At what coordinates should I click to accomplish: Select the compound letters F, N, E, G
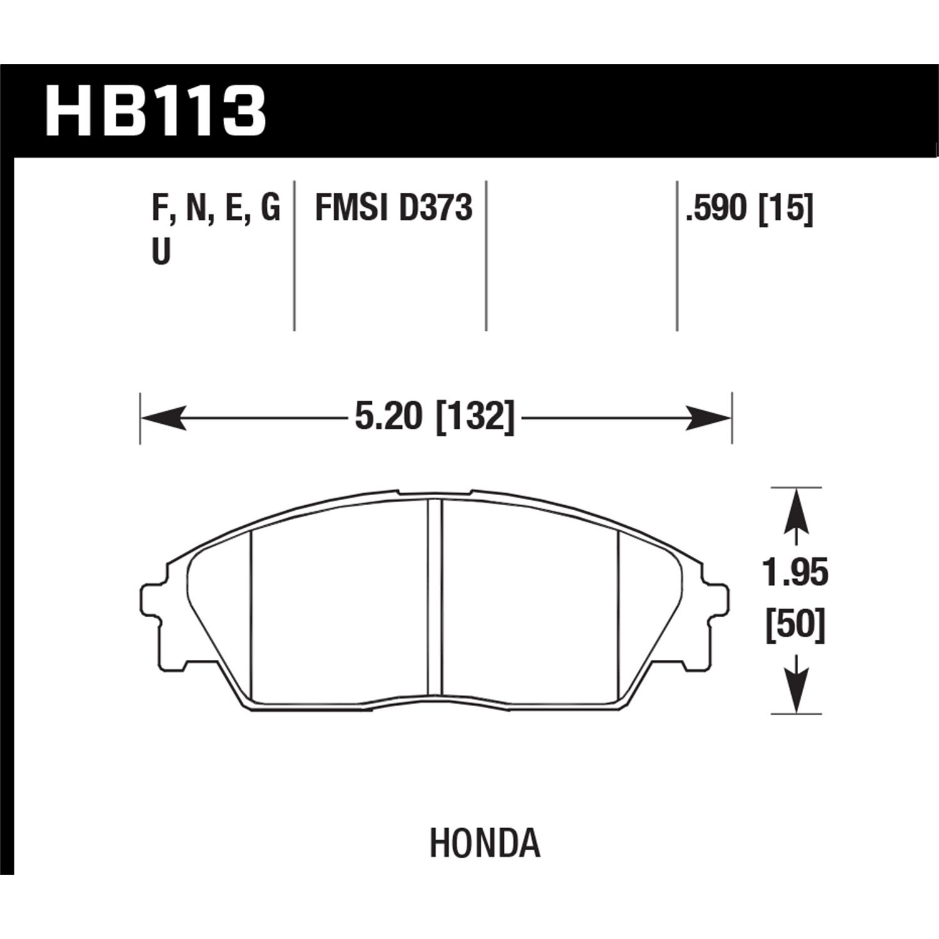pos(216,209)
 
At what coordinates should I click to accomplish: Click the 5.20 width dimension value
pos(386,416)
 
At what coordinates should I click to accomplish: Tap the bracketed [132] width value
pos(475,416)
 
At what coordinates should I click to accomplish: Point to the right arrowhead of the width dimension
pos(709,418)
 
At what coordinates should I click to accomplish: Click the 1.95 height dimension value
pos(796,573)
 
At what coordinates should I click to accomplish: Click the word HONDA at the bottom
pos(485,843)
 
